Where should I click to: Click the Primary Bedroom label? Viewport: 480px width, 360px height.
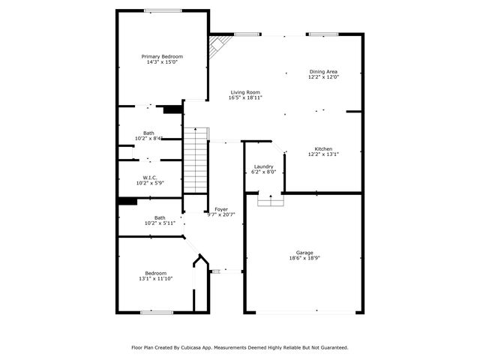tap(162, 56)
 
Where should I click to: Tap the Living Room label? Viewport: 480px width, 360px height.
tap(244, 92)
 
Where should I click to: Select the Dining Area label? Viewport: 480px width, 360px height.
tap(324, 72)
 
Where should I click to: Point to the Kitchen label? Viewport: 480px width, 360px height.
tap(323, 149)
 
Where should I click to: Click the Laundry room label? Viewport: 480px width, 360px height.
tap(263, 166)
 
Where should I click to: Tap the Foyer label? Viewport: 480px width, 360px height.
tap(221, 209)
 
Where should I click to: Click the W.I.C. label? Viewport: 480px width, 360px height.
tap(149, 177)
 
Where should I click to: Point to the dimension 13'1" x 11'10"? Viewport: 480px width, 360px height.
tap(156, 279)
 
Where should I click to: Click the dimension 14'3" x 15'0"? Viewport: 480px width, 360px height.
tap(162, 62)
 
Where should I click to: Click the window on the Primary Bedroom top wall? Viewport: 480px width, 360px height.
tap(163, 10)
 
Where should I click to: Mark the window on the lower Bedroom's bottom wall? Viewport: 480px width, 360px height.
tap(157, 312)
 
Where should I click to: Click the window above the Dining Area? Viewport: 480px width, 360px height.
tap(321, 34)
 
